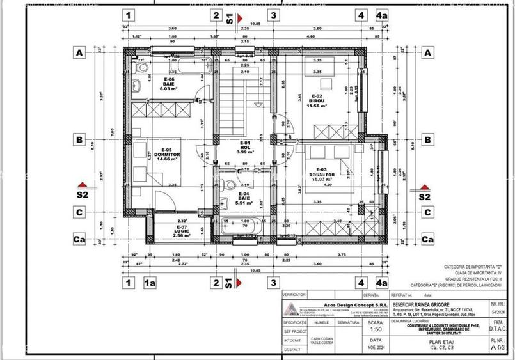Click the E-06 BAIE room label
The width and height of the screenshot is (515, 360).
(x=169, y=84)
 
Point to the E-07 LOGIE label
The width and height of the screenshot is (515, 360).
(x=182, y=231)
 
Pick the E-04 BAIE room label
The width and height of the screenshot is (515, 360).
(x=244, y=198)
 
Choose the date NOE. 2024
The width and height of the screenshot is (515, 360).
(x=376, y=349)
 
